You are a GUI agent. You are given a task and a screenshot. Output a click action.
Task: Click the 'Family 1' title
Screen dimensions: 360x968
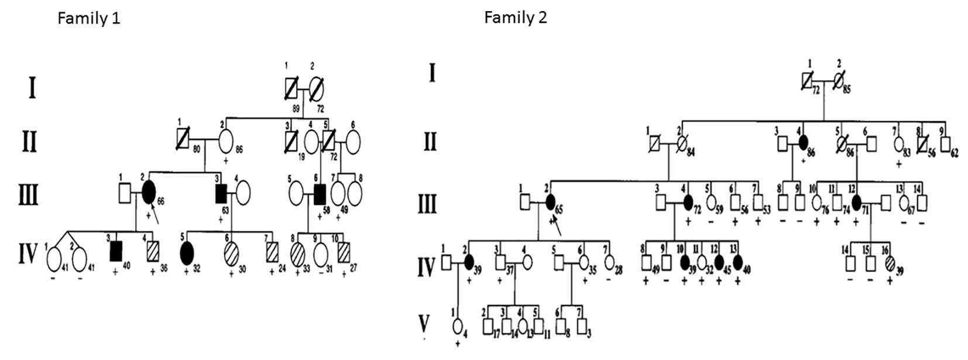click(x=88, y=19)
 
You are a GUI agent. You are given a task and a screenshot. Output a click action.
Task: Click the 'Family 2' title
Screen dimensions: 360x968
click(x=515, y=18)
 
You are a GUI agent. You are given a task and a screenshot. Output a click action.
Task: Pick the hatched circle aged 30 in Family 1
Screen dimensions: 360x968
click(x=231, y=256)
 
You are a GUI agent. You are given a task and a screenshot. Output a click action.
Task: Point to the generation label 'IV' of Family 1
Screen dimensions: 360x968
click(x=27, y=256)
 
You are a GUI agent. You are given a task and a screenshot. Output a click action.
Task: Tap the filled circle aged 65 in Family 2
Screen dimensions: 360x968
click(x=550, y=203)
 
